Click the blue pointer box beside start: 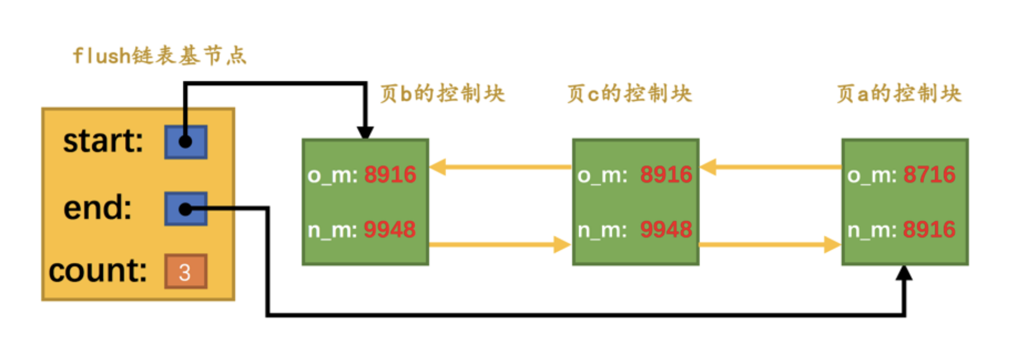[185, 141]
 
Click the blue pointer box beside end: [185, 209]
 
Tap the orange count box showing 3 [185, 271]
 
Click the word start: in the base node [103, 141]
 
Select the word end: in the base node [97, 207]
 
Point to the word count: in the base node [98, 270]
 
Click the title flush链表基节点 [159, 55]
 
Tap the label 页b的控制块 [442, 93]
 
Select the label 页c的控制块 [629, 93]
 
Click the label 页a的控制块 [899, 93]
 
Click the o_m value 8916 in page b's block [390, 175]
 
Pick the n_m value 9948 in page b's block [390, 230]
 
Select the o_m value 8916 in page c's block [666, 175]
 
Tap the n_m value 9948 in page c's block [666, 230]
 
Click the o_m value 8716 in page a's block [929, 175]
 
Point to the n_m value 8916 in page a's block [929, 230]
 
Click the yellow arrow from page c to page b [500, 167]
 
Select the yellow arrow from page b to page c [499, 244]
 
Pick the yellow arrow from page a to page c [771, 167]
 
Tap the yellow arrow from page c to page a [770, 244]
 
